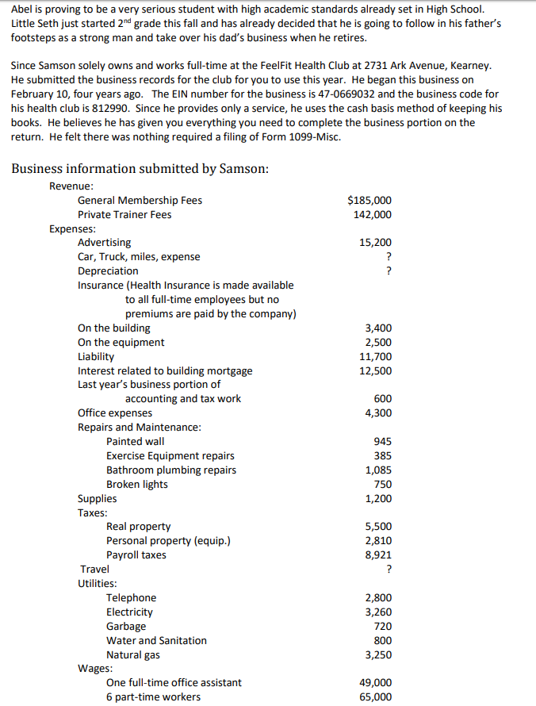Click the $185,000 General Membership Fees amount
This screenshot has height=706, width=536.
point(369,200)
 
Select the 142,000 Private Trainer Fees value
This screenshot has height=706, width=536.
point(372,214)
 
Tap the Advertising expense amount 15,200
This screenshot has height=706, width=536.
point(375,243)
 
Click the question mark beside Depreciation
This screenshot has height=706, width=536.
point(388,271)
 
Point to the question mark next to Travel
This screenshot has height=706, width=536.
point(388,570)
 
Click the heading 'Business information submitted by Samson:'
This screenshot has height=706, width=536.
point(140,168)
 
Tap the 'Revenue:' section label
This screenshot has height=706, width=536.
point(71,186)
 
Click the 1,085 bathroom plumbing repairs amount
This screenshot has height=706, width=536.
point(378,470)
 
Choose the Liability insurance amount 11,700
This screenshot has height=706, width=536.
point(375,357)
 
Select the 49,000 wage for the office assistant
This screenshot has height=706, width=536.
point(375,682)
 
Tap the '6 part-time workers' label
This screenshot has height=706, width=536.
point(153,696)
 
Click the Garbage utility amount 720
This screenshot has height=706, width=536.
point(383,626)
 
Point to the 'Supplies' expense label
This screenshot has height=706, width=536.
point(97,498)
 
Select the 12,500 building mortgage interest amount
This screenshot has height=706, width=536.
point(375,370)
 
